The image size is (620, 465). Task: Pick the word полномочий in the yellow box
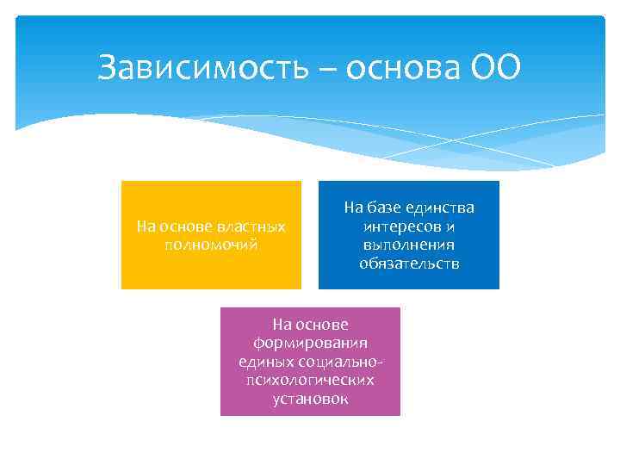[211, 244]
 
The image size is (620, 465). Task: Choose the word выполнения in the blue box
[409, 245]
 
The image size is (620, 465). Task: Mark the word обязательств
[409, 263]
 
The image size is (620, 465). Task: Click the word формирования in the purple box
[310, 343]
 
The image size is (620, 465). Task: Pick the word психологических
[310, 380]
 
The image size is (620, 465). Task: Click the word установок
[310, 399]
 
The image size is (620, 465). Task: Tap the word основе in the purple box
[322, 325]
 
